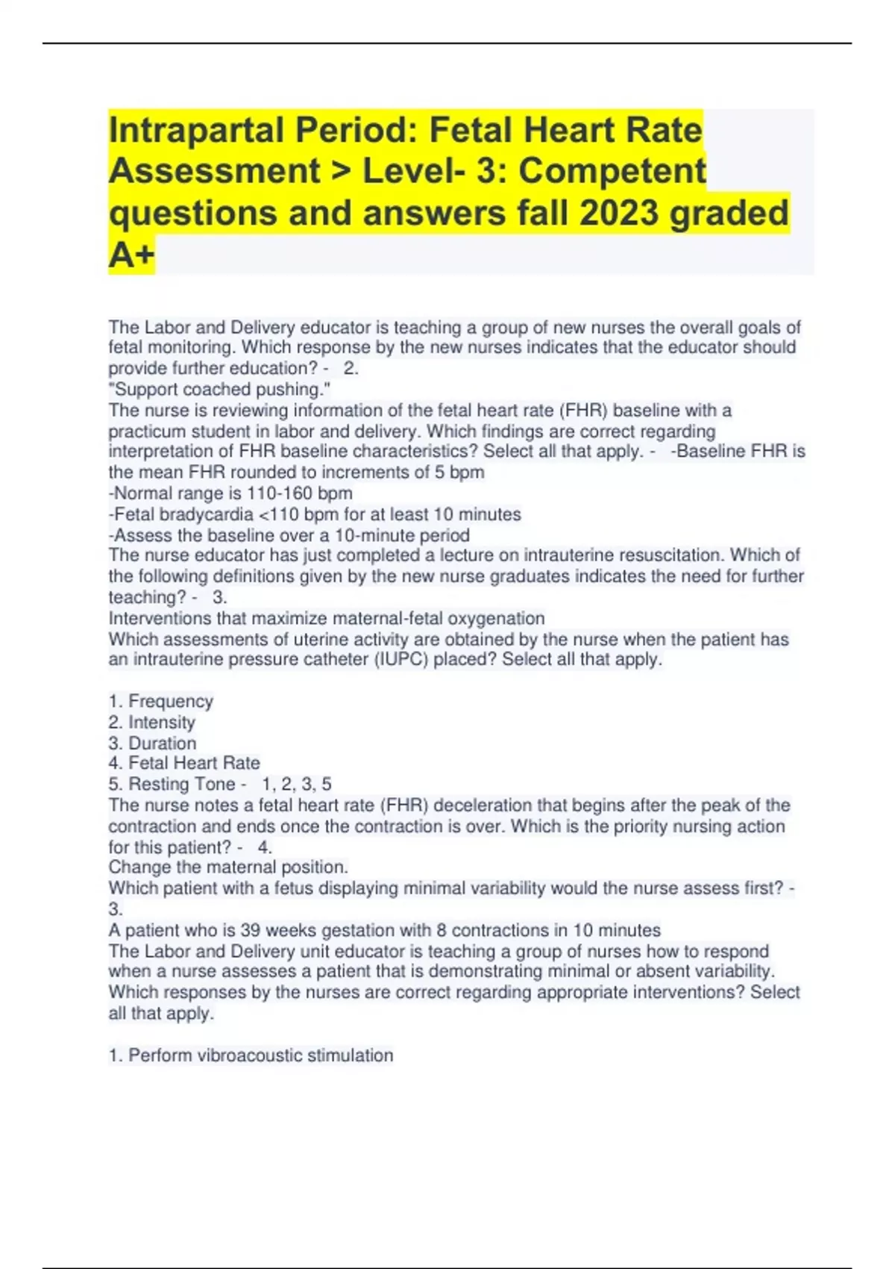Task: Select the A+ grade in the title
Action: [131, 255]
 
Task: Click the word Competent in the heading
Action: [612, 171]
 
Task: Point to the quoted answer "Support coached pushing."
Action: [219, 389]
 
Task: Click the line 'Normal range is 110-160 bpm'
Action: [230, 493]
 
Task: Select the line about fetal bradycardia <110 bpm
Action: [315, 514]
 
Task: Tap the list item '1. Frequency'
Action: [160, 701]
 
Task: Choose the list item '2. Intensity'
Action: [151, 722]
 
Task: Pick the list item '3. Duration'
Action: [152, 743]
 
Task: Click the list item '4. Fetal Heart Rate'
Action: [184, 763]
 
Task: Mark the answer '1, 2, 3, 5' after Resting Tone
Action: [297, 784]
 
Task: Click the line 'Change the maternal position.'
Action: [228, 867]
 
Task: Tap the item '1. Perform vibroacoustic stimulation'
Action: [251, 1055]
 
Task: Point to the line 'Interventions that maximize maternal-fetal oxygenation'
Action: [327, 618]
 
